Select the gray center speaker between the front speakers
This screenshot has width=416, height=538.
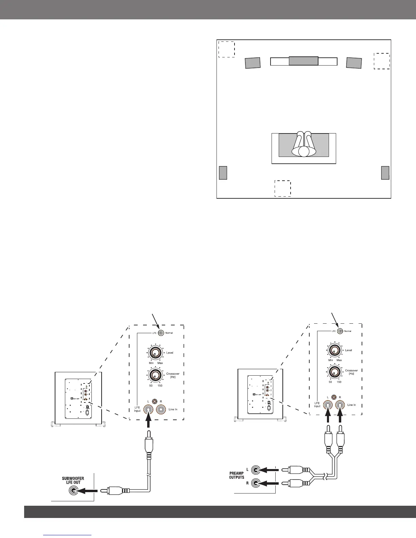pos(304,61)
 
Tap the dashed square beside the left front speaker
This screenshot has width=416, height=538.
pos(226,49)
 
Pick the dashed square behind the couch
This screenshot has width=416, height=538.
pos(283,189)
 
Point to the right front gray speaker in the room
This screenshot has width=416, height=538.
pos(354,63)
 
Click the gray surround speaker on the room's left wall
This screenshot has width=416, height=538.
pos(223,173)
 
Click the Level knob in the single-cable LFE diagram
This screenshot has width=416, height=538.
pos(155,353)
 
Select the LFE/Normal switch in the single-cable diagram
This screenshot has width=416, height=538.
pos(161,333)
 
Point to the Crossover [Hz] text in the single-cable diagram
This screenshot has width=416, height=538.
pos(173,375)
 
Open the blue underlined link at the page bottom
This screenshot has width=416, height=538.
pos(68,535)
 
